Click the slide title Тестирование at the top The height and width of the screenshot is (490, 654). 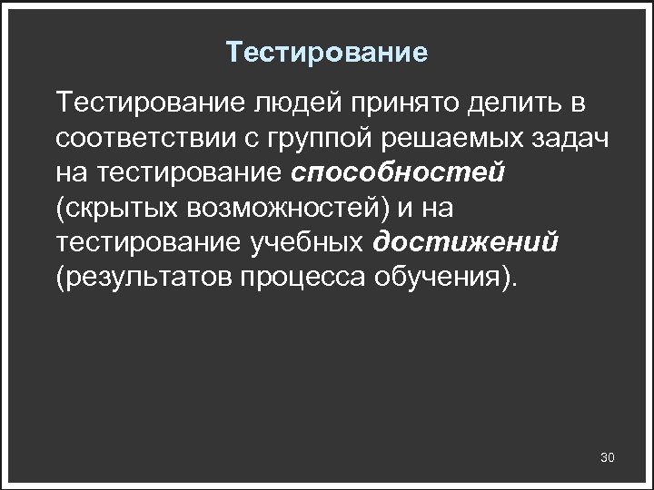[x=327, y=53]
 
